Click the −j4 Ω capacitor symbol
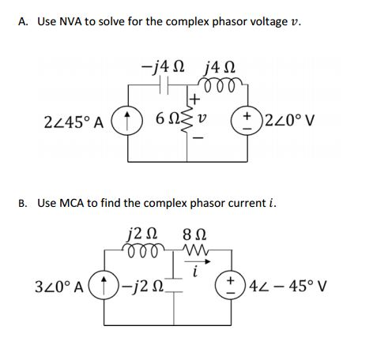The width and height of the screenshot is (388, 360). click(x=164, y=84)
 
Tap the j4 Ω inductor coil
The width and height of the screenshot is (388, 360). click(x=220, y=84)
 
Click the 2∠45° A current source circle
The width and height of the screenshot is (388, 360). click(x=127, y=121)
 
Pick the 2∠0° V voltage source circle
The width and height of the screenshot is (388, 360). click(x=247, y=120)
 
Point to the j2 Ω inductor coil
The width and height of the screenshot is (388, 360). click(x=144, y=249)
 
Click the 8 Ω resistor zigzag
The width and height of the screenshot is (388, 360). click(x=196, y=249)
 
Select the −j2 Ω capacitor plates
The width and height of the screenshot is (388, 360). click(x=174, y=285)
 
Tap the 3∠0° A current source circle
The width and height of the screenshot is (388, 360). click(x=104, y=285)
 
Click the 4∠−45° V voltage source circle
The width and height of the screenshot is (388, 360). click(x=231, y=285)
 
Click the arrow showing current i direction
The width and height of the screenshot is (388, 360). click(x=198, y=261)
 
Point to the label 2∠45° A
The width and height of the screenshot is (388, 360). click(x=74, y=122)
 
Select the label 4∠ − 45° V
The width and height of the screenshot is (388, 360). click(x=288, y=286)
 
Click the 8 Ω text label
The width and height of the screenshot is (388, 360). click(x=194, y=234)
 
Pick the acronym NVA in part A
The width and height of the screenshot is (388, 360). click(x=70, y=21)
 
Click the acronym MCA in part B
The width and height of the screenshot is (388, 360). click(x=72, y=203)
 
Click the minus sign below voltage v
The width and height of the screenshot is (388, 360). click(x=199, y=137)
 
